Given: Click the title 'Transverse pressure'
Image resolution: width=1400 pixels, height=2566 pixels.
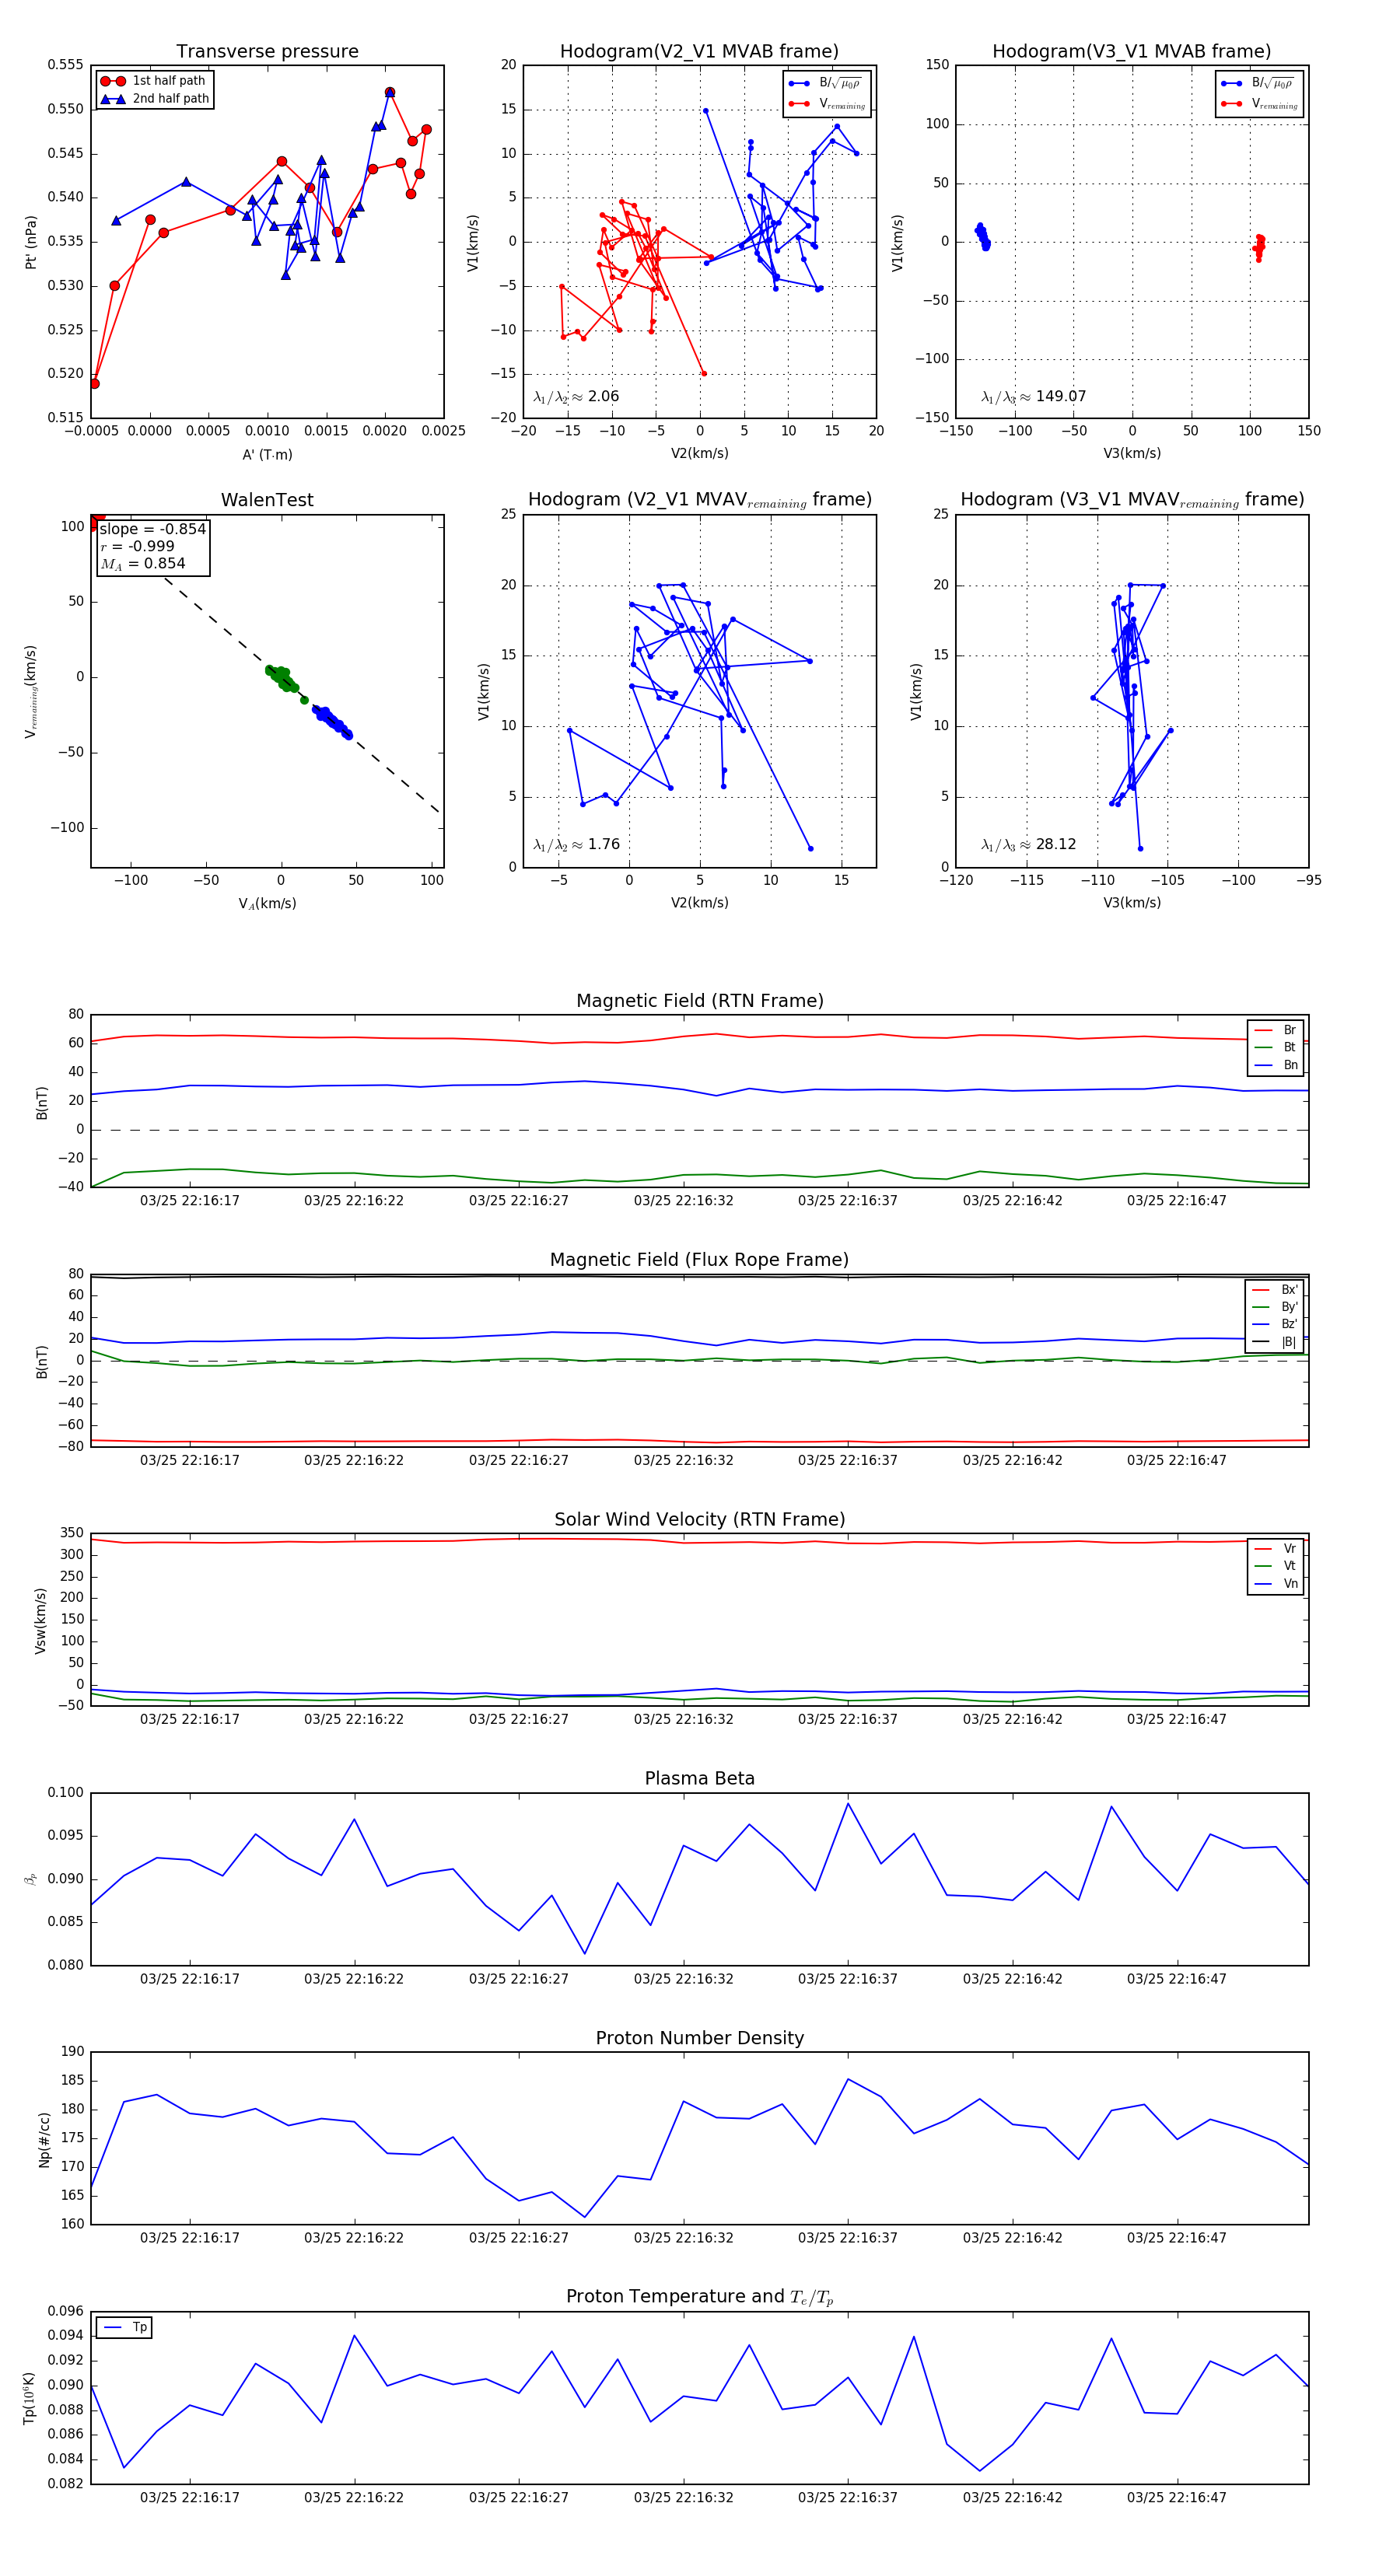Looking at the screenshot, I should (267, 52).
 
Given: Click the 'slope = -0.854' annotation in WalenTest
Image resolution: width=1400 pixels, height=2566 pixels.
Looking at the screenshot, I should (152, 529).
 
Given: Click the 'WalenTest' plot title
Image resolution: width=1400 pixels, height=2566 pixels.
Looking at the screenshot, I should (267, 500).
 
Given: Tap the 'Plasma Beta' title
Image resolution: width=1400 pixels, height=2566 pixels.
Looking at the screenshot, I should (699, 1778).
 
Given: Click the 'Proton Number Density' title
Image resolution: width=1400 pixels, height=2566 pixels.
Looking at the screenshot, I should (699, 2038).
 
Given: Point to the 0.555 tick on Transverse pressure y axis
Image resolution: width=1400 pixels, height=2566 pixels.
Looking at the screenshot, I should (66, 66).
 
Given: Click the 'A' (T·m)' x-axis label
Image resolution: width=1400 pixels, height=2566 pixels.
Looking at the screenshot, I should (267, 454).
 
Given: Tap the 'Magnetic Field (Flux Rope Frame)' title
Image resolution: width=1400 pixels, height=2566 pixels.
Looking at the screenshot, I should (699, 1260).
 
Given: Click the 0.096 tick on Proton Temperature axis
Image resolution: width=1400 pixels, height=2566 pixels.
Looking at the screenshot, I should (66, 2311).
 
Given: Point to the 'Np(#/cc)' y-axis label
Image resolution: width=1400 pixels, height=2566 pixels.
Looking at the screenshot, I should (44, 2138).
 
